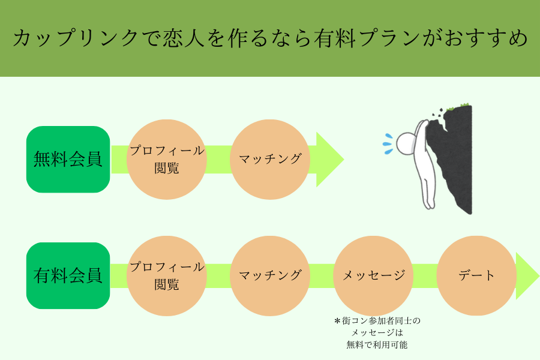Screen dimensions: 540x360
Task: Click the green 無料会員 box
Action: (x=68, y=159)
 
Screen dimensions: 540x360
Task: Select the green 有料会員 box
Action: (x=68, y=275)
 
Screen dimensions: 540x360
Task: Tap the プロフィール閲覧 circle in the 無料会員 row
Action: (x=167, y=160)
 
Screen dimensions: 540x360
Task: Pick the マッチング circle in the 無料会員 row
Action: (x=270, y=160)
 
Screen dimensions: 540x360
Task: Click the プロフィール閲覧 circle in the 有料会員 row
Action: (x=167, y=276)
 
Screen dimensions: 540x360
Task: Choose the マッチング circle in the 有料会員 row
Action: (x=270, y=276)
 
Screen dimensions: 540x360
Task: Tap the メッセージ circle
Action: (x=373, y=276)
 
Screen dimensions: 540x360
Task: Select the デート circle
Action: (x=476, y=275)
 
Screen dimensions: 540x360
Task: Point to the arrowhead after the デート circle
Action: (x=527, y=276)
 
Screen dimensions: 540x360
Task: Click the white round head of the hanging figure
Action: (x=406, y=143)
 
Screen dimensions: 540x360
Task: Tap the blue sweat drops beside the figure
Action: (x=388, y=144)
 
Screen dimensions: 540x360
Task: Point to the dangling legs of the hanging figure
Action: (x=428, y=190)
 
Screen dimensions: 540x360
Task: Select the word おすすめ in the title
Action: (x=486, y=38)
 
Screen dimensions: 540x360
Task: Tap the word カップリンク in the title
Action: (x=76, y=38)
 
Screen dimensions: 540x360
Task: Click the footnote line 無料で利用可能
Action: (x=377, y=344)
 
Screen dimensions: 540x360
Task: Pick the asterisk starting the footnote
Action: (x=337, y=321)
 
